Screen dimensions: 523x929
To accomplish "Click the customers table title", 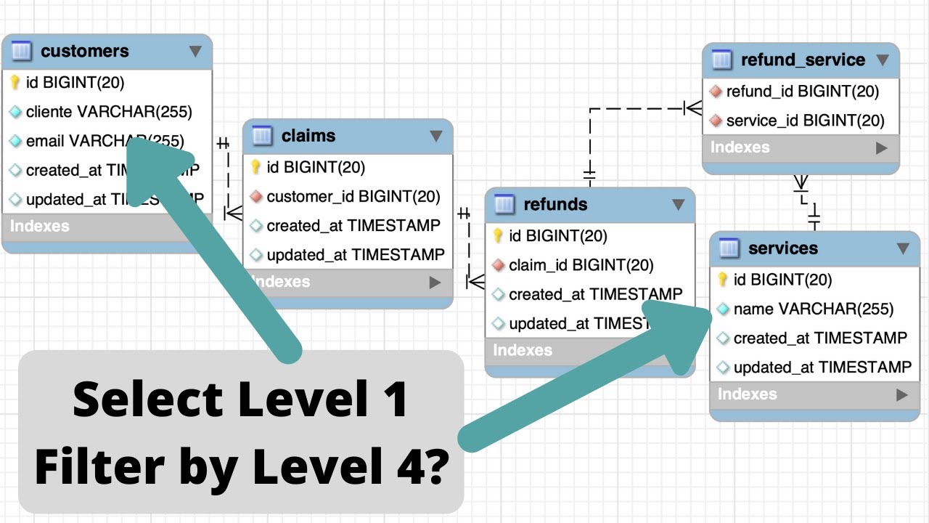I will pos(84,52).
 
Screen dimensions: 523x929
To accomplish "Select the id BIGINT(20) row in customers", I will pos(75,83).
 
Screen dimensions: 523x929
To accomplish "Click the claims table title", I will pos(308,136).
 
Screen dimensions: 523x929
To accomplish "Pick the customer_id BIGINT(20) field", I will pos(353,197).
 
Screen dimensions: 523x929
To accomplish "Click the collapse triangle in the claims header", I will pos(435,136).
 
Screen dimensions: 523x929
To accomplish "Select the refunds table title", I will pos(555,205).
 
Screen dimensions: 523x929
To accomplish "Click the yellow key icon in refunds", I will pos(498,236).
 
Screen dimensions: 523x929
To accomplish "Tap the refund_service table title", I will pos(803,60).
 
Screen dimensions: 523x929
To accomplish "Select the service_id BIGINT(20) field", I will pos(805,121).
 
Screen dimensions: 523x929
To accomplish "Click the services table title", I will pos(782,248).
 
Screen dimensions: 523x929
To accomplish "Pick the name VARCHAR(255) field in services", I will pos(813,309).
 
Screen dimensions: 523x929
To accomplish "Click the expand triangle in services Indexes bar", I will pos(902,395).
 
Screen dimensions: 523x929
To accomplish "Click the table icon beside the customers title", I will pos(22,52).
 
